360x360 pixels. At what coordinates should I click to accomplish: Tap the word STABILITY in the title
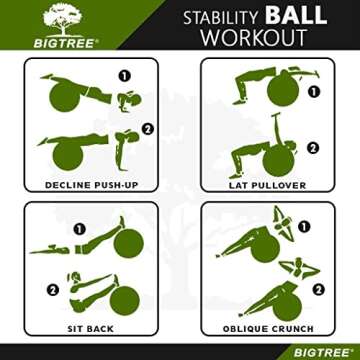(221, 18)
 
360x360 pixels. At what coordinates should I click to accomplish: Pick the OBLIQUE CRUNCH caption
(266, 328)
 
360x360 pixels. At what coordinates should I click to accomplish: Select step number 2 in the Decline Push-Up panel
(147, 128)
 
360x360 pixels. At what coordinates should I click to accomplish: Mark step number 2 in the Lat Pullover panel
(312, 148)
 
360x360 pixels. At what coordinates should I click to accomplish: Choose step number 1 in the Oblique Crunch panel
(305, 227)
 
